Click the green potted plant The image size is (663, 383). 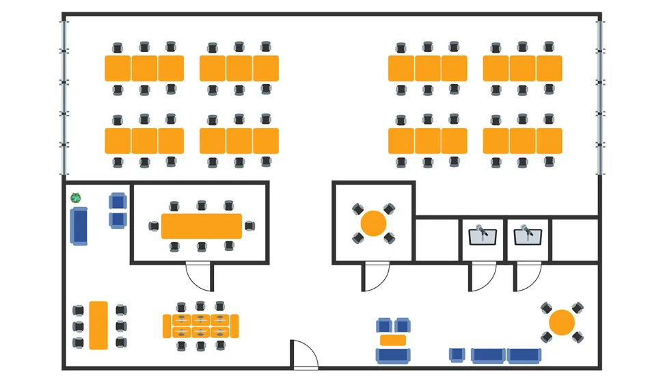click(76, 198)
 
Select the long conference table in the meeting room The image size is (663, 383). click(202, 226)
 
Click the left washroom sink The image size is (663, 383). click(483, 236)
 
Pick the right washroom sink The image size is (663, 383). click(528, 236)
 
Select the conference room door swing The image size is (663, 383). click(199, 277)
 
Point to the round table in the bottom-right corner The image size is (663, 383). click(562, 322)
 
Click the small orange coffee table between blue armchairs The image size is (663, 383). click(393, 341)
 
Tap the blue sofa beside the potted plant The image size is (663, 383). click(80, 226)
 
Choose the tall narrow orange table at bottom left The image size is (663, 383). click(98, 325)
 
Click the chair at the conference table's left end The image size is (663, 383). click(154, 226)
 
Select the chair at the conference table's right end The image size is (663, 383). click(250, 225)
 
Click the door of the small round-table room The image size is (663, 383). click(375, 277)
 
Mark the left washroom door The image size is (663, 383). click(482, 277)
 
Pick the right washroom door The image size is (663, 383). click(527, 277)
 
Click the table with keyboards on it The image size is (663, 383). click(200, 326)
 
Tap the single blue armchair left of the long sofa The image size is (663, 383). click(458, 354)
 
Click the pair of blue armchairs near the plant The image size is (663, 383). click(118, 211)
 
